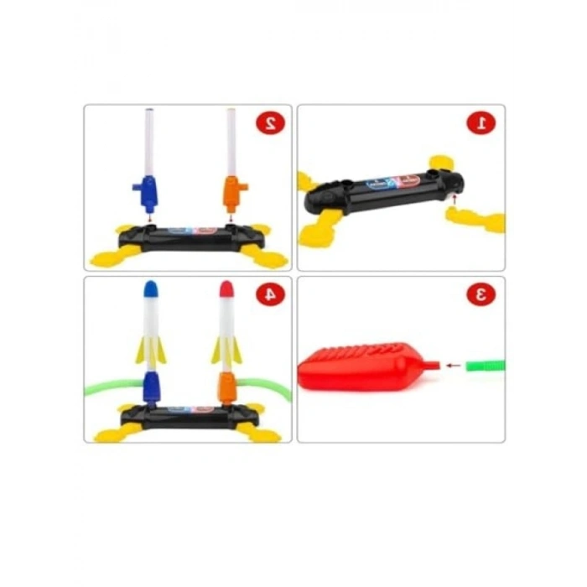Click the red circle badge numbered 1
tap(481, 123)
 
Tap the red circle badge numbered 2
tap(271, 123)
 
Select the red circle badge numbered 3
tap(481, 294)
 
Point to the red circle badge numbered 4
tap(271, 294)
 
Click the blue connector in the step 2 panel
tap(147, 193)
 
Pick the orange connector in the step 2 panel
tap(232, 191)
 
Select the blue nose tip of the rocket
tap(152, 289)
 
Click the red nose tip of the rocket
tap(226, 290)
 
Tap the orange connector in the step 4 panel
tap(226, 387)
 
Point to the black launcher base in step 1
tap(382, 190)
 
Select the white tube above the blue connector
tap(148, 143)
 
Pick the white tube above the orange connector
tap(231, 143)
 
